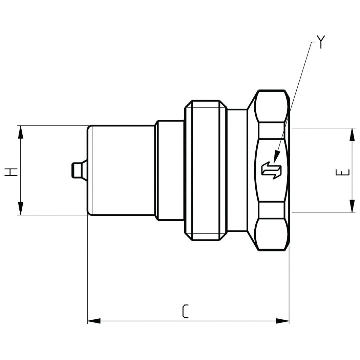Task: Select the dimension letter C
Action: point(185,311)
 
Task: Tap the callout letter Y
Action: point(320,42)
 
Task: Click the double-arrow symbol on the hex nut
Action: point(271,170)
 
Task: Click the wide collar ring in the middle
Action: point(205,170)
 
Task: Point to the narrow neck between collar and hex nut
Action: point(237,170)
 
